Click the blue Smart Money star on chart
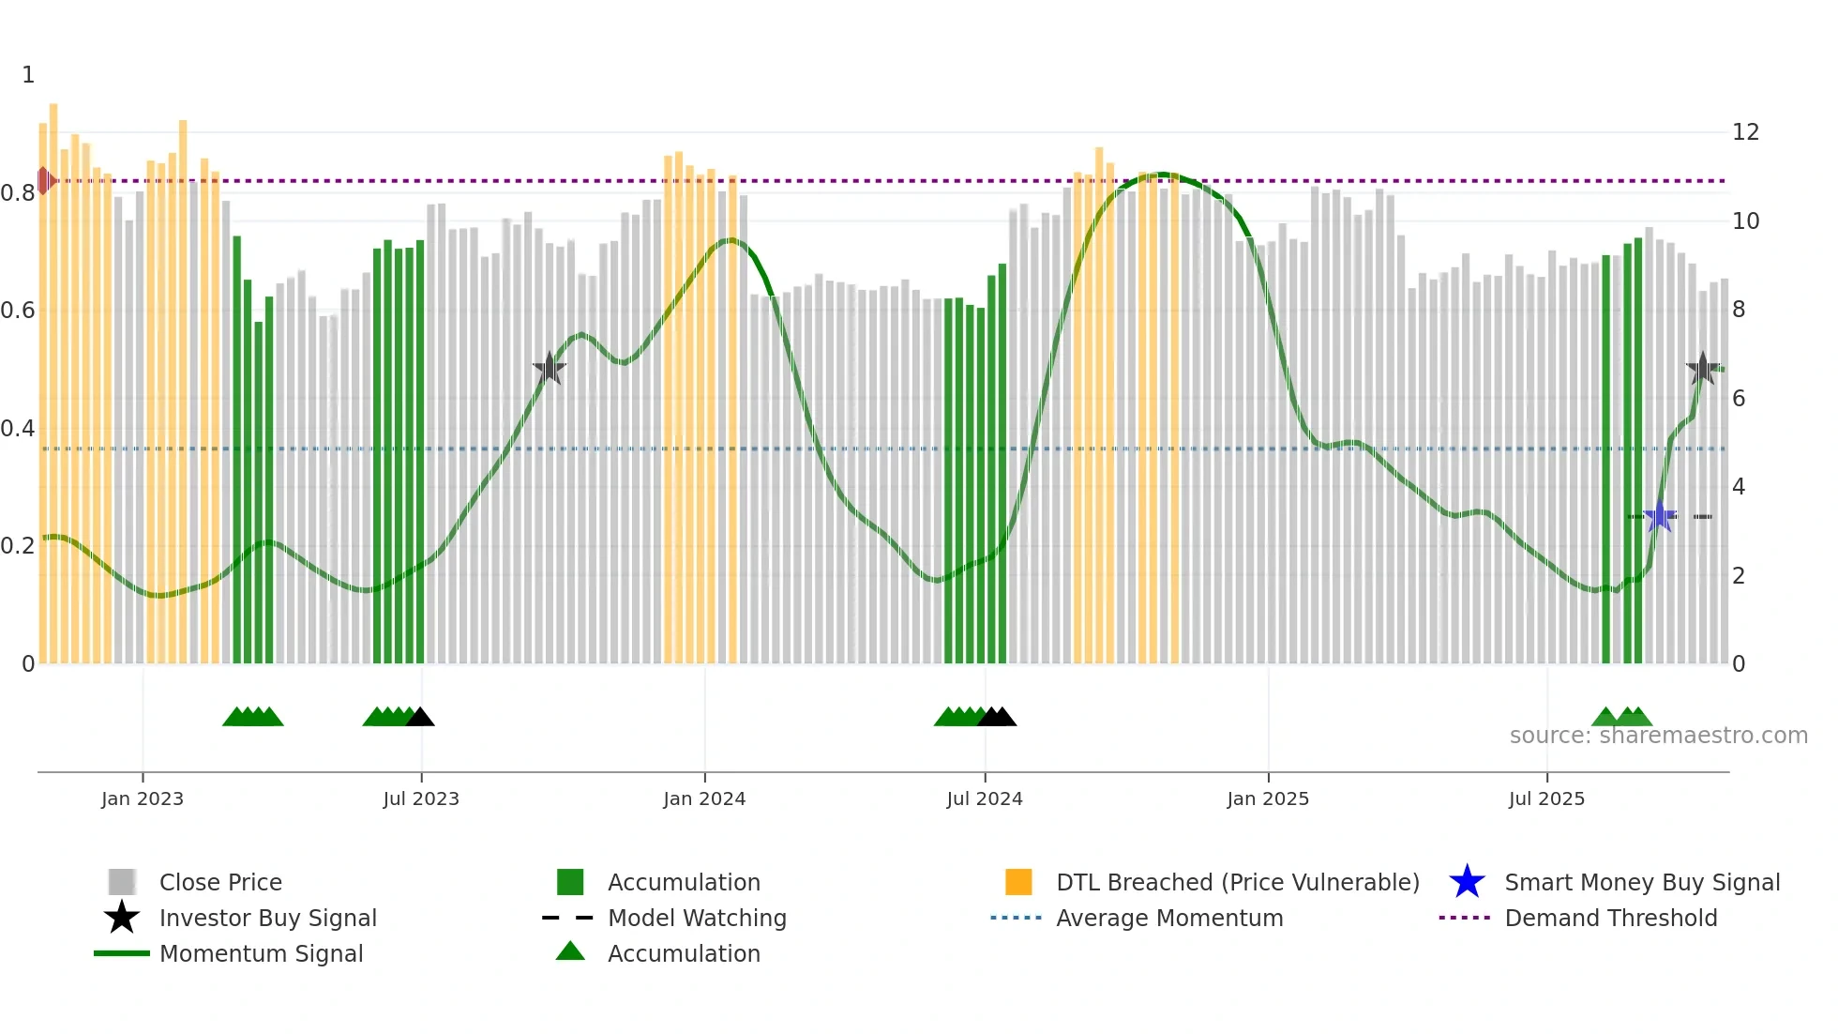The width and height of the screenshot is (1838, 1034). coord(1660,516)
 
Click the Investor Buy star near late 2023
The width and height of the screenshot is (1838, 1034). coord(550,369)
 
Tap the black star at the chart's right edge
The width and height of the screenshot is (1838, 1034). coord(1702,369)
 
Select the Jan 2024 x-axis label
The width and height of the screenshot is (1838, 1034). coord(704,798)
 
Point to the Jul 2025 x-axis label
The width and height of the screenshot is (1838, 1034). coord(1546,798)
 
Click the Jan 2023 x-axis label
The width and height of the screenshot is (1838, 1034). coord(143,798)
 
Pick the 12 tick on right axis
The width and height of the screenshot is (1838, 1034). coord(1745,132)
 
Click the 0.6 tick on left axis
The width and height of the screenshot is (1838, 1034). coord(18,311)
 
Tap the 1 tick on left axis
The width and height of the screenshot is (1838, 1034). coord(28,75)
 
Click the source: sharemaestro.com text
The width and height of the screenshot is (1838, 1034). coord(1658,736)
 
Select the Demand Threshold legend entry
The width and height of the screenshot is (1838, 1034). coord(1610,918)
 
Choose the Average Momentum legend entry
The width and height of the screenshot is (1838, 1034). coord(1168,918)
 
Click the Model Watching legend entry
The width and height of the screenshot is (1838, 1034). coord(696,918)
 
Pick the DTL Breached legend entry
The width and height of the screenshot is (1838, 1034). coord(1237,882)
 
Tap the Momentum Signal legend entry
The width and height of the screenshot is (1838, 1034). coord(261,953)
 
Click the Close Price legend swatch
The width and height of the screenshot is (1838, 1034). coord(122,882)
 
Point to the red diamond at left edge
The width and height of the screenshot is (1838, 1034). coord(44,180)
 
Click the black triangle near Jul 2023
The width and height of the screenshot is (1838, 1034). coord(420,718)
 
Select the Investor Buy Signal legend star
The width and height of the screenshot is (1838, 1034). coord(122,918)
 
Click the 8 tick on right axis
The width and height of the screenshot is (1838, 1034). coord(1739,310)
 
